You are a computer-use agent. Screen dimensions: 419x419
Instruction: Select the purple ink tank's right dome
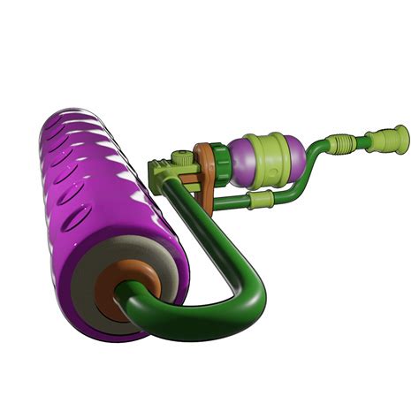[297, 156]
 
